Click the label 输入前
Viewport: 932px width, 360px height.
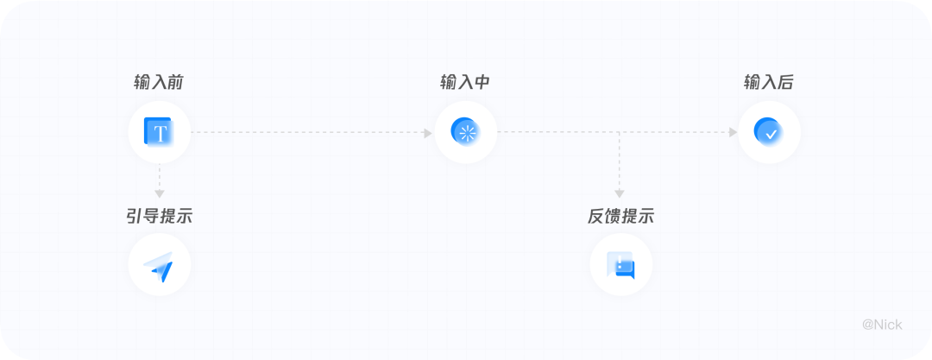158,83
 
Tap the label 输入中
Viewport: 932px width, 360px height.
465,83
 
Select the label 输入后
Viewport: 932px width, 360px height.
769,83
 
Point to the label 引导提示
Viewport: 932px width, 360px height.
159,216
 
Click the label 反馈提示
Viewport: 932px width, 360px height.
620,216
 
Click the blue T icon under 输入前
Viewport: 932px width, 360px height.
159,133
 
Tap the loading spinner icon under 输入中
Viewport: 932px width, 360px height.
465,132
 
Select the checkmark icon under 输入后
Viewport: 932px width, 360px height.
768,132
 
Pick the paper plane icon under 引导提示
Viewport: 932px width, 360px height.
159,266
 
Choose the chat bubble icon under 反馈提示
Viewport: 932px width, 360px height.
620,265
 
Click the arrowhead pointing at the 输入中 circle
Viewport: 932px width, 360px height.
428,133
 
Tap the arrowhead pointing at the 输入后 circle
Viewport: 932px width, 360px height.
733,133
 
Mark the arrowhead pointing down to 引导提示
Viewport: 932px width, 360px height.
159,194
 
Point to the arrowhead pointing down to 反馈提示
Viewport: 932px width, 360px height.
620,194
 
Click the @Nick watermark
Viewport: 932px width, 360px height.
882,325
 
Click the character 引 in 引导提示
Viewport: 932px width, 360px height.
135,216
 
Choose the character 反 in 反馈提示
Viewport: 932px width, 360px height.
596,216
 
